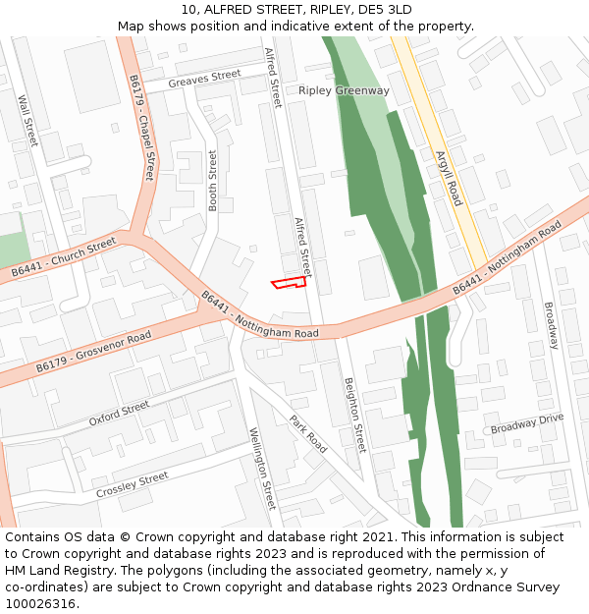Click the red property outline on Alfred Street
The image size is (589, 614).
(289, 284)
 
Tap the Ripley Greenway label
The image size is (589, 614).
(344, 90)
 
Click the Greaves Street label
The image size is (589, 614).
(204, 79)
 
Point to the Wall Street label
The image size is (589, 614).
(27, 120)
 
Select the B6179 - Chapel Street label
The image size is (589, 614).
(141, 128)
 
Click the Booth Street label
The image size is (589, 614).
(212, 181)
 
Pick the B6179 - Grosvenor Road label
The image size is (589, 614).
(93, 352)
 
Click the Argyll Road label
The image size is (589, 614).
(448, 177)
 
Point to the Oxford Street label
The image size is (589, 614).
(119, 413)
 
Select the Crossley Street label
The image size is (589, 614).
(132, 484)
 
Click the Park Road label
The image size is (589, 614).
(307, 433)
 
